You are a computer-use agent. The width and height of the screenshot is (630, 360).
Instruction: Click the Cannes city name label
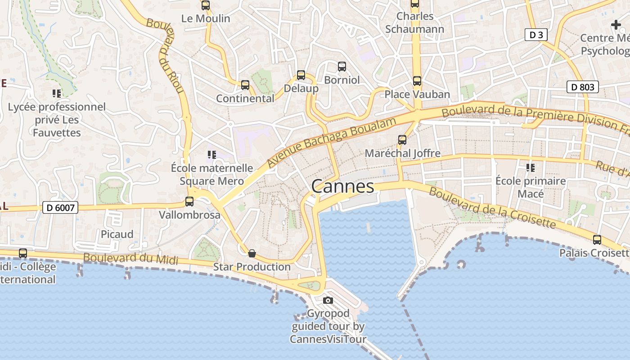[x=342, y=186]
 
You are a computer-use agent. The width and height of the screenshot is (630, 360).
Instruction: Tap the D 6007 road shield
[x=60, y=207]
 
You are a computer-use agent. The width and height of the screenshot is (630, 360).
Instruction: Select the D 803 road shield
[x=583, y=87]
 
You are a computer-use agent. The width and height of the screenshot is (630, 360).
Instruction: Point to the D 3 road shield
[x=536, y=35]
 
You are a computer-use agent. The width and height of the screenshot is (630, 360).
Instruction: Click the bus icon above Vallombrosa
[x=189, y=202]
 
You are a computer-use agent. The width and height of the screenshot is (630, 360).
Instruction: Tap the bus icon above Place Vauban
[x=417, y=81]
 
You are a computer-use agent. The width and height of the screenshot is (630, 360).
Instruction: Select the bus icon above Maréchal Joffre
[x=402, y=140]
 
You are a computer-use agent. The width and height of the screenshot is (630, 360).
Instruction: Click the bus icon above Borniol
[x=342, y=67]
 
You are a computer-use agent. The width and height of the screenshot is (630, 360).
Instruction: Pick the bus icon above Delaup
[x=301, y=75]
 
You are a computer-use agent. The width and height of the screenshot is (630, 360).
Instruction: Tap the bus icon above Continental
[x=245, y=85]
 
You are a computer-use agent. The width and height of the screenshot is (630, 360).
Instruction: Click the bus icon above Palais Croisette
[x=597, y=240]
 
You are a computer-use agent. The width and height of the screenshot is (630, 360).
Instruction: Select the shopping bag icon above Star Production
[x=252, y=253]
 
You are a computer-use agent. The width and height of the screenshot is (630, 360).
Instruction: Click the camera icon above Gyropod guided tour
[x=328, y=300]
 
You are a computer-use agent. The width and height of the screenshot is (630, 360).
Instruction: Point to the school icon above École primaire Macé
[x=530, y=168]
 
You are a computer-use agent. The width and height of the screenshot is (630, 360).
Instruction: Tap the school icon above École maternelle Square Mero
[x=211, y=155]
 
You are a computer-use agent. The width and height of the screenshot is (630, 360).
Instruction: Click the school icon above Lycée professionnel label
[x=57, y=94]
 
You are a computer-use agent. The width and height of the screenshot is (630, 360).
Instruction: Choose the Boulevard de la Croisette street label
[x=492, y=207]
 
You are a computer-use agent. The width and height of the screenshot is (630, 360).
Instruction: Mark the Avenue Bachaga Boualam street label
[x=332, y=142]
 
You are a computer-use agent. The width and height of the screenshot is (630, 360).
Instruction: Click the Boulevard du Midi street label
[x=130, y=259]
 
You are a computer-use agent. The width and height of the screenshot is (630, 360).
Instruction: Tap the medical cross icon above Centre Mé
[x=616, y=25]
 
